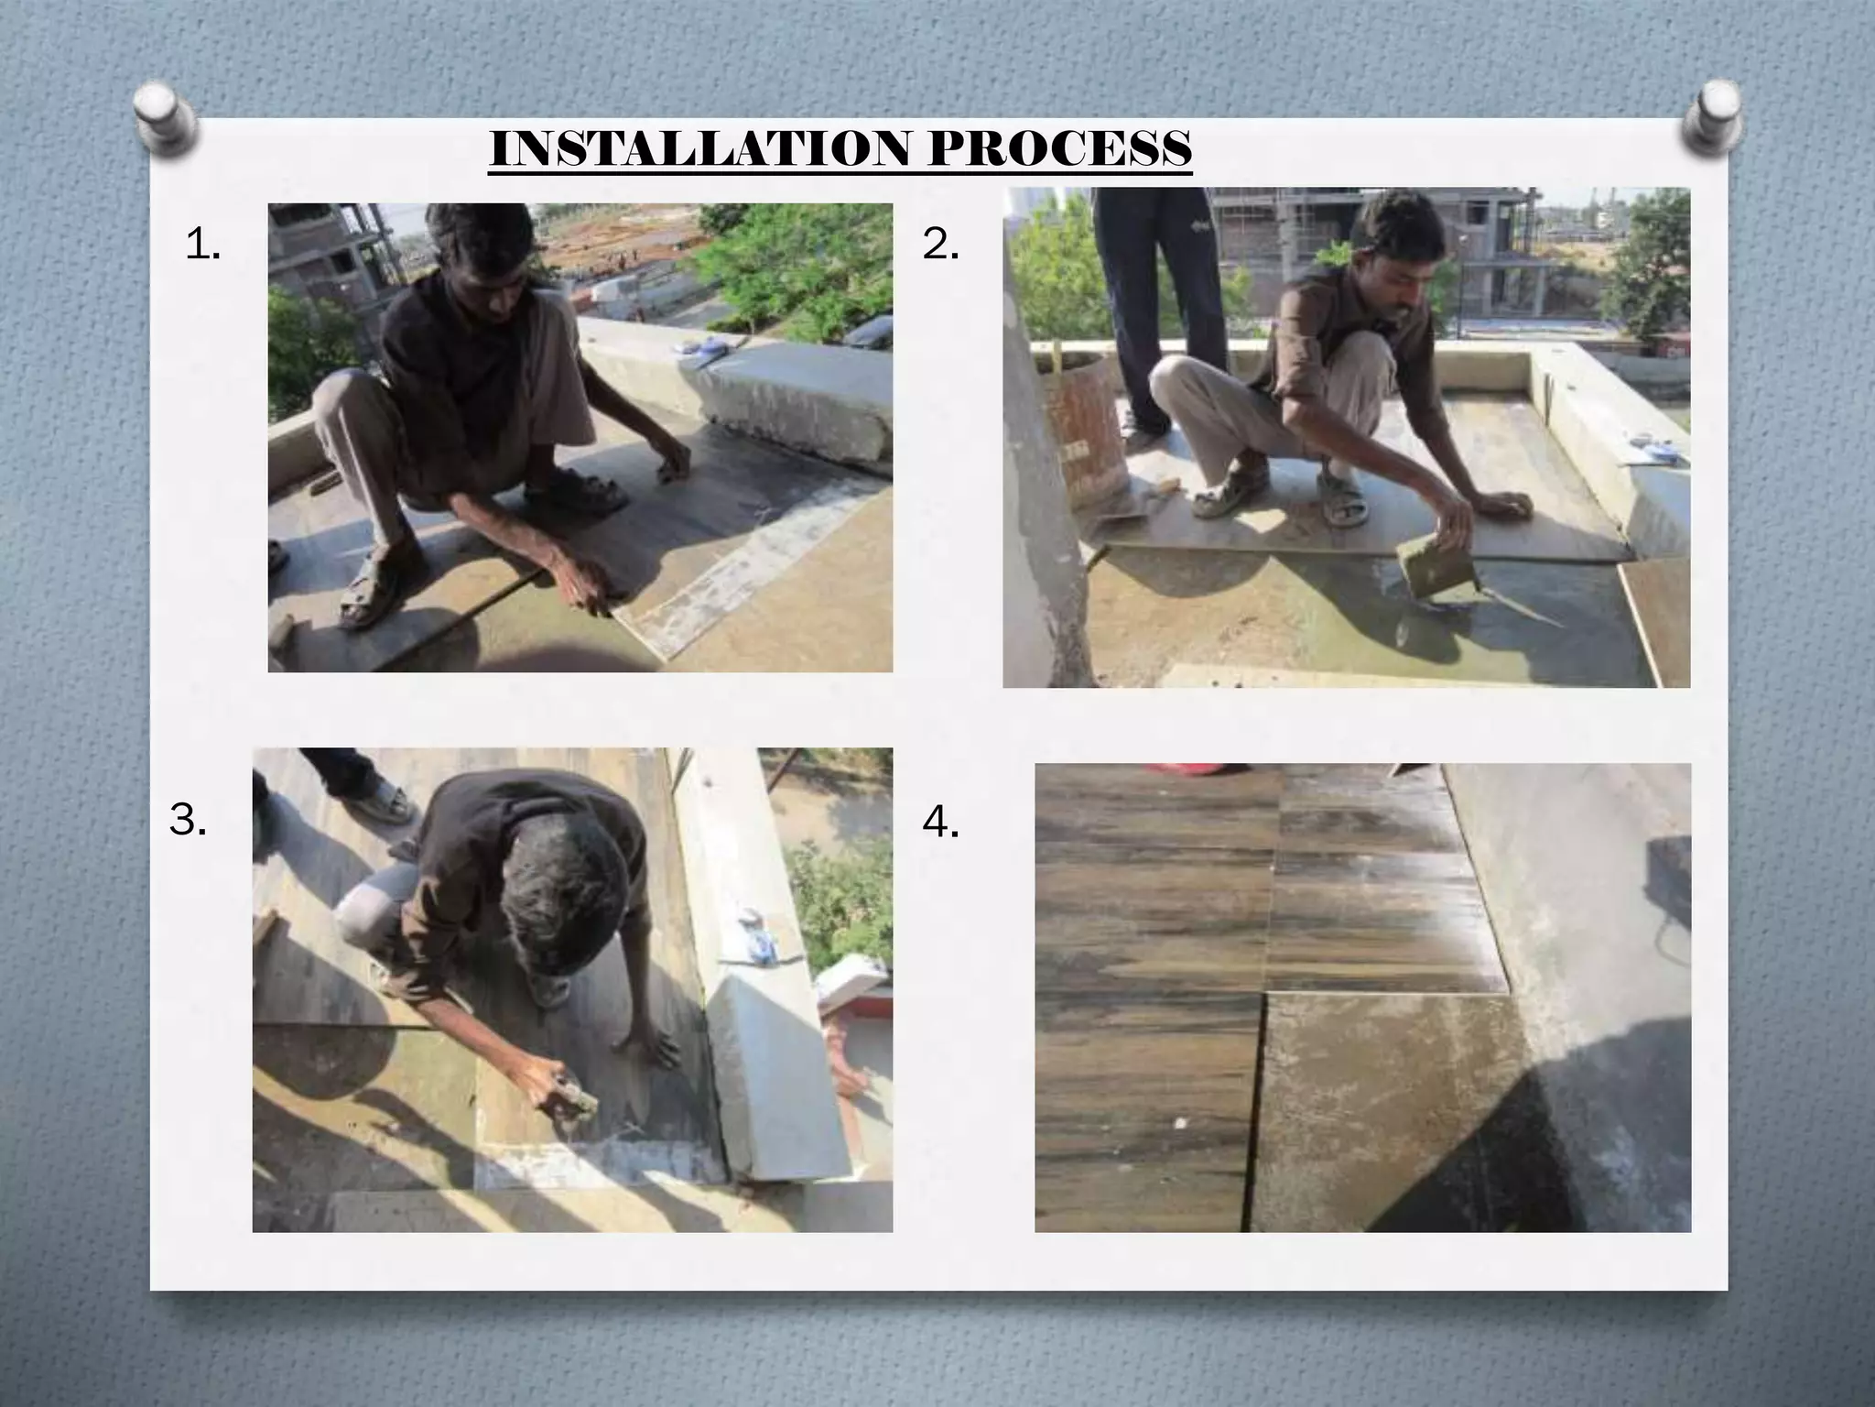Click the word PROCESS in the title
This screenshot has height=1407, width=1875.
(1059, 148)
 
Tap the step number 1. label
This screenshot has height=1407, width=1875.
(202, 245)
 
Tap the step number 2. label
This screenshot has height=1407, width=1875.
(940, 245)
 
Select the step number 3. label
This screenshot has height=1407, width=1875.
(188, 821)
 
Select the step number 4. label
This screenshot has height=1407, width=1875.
(940, 824)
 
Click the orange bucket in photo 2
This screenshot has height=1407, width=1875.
(1083, 431)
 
